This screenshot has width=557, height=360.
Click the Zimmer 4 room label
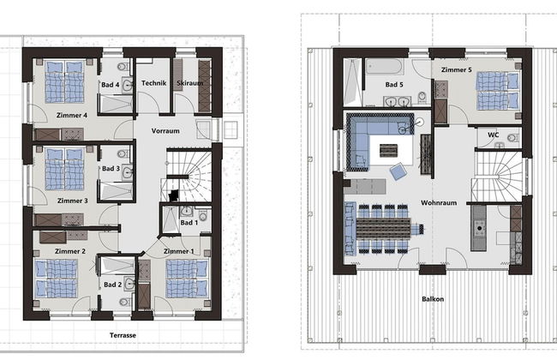tap(74, 115)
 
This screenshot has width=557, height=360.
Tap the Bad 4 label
tap(108, 84)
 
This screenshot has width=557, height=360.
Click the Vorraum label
tap(165, 131)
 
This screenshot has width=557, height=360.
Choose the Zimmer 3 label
tap(74, 200)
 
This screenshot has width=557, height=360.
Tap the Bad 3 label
tap(110, 169)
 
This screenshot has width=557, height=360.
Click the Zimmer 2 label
tap(70, 250)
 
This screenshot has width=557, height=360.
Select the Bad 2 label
tap(111, 284)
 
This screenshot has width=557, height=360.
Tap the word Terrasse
tap(123, 335)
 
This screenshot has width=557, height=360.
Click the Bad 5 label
tap(394, 85)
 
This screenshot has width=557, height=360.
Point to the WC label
tap(493, 135)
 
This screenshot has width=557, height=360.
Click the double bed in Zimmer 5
tap(497, 90)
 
